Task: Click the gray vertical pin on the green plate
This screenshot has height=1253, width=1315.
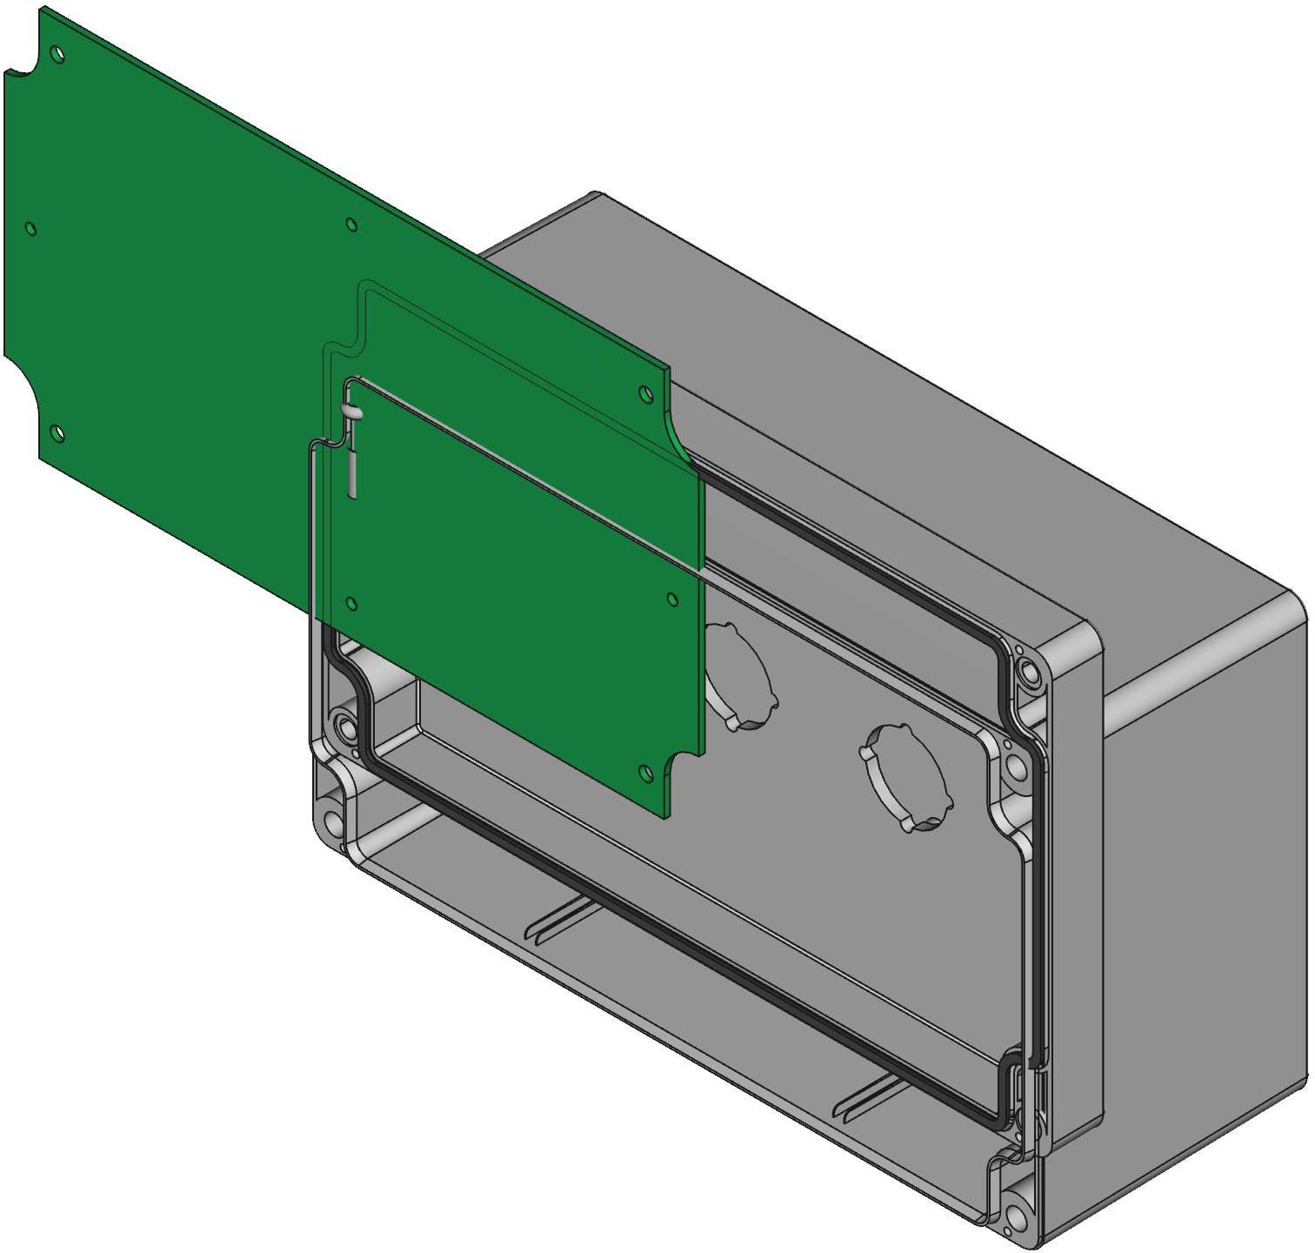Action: coord(351,467)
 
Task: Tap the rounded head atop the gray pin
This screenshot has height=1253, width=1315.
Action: coord(351,412)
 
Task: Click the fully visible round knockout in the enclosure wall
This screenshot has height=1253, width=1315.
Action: coord(905,777)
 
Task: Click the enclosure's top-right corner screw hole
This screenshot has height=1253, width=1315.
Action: coord(1031,673)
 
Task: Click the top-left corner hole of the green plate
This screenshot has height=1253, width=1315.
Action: coord(57,54)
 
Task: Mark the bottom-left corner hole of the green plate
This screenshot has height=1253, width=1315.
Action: coord(57,432)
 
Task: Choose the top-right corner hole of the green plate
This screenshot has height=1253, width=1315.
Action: coord(645,393)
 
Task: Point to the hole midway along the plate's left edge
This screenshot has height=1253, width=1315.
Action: coord(31,229)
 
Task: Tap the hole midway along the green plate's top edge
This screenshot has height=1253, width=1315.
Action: coord(351,225)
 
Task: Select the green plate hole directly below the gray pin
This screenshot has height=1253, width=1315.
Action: coord(351,602)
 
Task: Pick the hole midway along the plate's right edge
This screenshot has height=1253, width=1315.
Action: coord(671,598)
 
